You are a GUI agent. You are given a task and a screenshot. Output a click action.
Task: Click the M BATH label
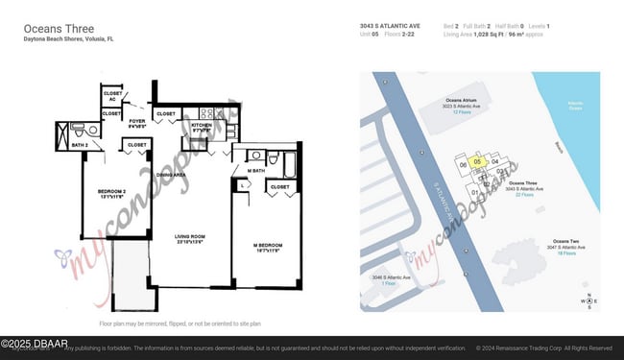[256, 172]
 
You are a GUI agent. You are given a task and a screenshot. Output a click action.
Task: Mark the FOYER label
[138, 122]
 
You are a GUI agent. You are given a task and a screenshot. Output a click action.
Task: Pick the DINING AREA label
[171, 175]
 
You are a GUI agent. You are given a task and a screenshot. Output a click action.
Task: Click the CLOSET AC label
[113, 95]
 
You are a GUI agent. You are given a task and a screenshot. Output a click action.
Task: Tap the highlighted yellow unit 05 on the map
[477, 162]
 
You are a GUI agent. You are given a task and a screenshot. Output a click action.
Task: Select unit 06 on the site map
[463, 165]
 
